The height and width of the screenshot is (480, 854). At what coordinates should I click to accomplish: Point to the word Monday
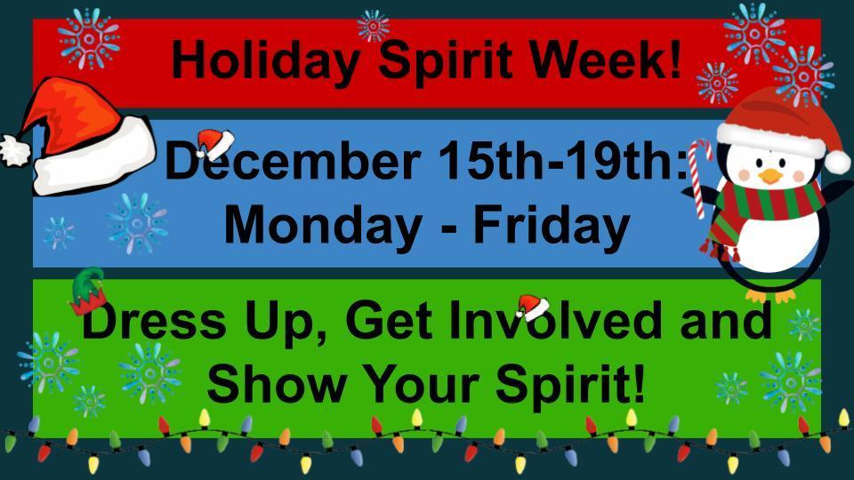tap(321, 225)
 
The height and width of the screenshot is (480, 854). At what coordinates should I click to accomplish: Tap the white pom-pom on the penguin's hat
tap(837, 161)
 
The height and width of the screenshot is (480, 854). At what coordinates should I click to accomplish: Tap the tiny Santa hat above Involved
tap(531, 305)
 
